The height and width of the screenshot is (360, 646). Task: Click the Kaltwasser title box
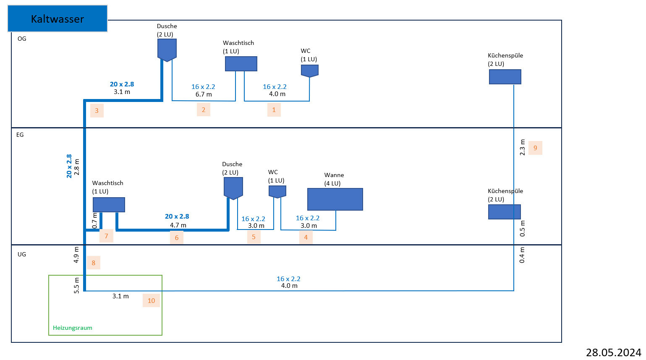58,19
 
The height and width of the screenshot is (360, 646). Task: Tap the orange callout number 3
97,111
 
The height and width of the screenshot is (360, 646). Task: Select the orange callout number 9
535,148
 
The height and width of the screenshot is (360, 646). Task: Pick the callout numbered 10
151,300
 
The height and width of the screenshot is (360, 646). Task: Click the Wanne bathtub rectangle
335,199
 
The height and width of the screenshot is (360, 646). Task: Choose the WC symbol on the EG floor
277,191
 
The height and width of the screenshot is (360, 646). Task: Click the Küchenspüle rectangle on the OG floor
505,77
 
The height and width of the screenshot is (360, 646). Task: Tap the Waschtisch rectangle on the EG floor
109,204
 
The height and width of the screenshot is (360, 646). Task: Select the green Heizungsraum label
73,328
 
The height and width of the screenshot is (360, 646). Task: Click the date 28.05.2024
613,352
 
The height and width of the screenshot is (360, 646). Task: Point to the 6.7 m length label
204,94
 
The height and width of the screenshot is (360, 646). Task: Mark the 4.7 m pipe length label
178,225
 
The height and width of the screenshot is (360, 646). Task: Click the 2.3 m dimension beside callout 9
523,148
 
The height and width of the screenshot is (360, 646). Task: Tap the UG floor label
22,254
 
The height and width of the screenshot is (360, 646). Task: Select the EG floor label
20,135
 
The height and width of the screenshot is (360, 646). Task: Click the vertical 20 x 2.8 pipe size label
69,166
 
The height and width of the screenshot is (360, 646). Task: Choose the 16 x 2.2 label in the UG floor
288,279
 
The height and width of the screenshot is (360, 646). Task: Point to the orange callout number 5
254,237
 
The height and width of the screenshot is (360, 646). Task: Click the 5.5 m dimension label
76,285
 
